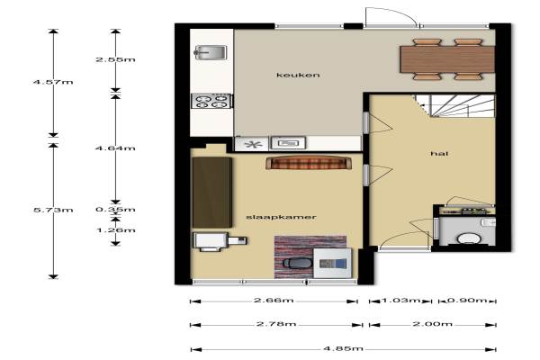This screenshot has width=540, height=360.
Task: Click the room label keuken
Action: click(298, 75)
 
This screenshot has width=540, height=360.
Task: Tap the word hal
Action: click(439, 153)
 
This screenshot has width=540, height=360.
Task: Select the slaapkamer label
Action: click(281, 217)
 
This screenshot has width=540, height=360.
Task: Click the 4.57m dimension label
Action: click(53, 82)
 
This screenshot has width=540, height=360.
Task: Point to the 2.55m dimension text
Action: click(115, 59)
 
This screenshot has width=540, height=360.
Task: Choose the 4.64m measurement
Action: click(115, 148)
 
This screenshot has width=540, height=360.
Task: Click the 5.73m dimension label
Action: click(53, 210)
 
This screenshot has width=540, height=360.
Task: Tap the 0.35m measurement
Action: click(115, 210)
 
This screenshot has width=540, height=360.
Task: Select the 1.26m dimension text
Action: click(116, 230)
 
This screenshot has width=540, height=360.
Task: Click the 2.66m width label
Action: click(274, 301)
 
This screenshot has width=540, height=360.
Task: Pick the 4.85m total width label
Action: click(344, 348)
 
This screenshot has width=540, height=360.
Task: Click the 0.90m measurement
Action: click(467, 301)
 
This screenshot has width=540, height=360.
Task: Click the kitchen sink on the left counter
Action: click(211, 53)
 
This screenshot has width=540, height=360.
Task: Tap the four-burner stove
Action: click(211, 102)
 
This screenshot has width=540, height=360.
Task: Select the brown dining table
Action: click(447, 59)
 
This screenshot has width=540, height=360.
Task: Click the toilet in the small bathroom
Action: click(470, 238)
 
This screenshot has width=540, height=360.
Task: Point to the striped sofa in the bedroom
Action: click(309, 163)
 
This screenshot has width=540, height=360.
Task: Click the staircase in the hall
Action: click(455, 106)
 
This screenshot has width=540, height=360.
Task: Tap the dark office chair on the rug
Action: click(298, 263)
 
